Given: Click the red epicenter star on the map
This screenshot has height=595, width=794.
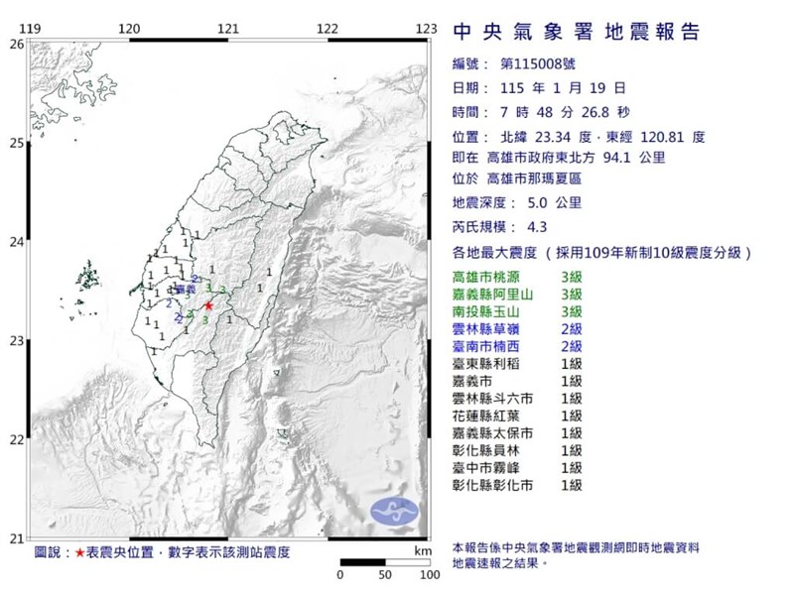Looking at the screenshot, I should tap(208, 306).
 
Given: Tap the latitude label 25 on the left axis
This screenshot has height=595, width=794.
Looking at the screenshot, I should tap(17, 143).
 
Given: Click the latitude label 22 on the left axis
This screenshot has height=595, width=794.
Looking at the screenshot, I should tap(17, 439).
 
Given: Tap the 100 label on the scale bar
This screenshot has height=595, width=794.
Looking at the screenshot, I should tap(429, 575).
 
